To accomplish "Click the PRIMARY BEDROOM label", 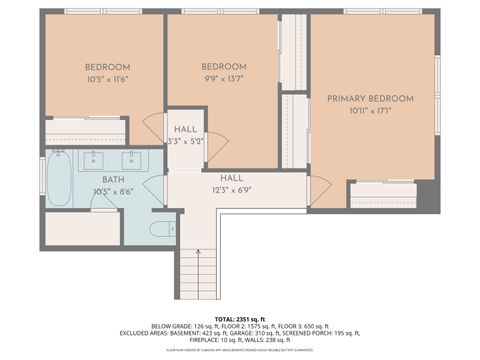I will tap(370, 98).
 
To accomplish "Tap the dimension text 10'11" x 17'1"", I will tap(370, 111).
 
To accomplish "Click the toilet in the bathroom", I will tap(161, 229).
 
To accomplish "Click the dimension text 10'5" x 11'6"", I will tap(108, 79).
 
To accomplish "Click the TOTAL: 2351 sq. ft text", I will tap(240, 316).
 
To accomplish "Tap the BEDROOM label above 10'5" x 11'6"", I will tap(108, 67).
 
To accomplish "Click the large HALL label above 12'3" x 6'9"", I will tap(232, 177).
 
